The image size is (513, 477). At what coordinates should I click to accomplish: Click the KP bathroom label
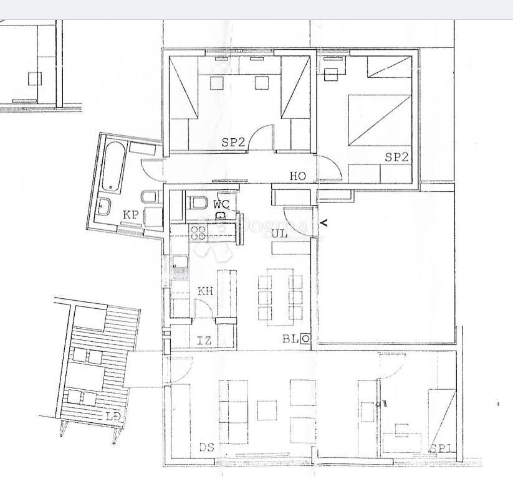[130, 214]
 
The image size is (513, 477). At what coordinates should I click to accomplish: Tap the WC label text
[221, 204]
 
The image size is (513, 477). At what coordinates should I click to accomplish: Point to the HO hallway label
[298, 176]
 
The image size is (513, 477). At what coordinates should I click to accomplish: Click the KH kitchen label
[205, 291]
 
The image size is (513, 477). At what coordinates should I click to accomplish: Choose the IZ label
[204, 340]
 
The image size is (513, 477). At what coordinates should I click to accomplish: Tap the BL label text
[290, 339]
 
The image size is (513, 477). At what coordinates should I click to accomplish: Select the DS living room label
[206, 447]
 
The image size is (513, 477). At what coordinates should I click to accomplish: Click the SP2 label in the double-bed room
[396, 157]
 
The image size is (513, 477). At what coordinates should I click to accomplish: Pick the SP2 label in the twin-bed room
[233, 142]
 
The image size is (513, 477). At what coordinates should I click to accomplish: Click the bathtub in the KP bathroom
[113, 168]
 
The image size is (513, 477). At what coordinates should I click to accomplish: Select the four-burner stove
[199, 232]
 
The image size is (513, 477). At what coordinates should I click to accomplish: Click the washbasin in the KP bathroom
[104, 206]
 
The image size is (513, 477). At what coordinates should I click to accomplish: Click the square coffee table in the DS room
[267, 410]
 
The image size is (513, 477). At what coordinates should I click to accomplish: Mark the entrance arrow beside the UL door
[323, 222]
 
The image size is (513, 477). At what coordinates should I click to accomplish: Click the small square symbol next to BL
[305, 339]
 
